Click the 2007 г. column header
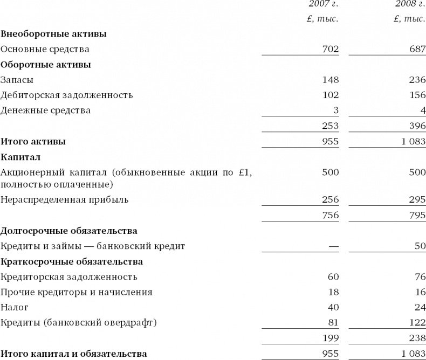coord(323,5)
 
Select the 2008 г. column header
coord(409,5)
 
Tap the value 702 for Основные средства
coord(330,49)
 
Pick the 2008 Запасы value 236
coord(416,80)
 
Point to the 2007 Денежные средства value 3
coord(336,110)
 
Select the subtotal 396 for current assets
coord(416,126)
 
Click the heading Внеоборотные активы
coord(53,33)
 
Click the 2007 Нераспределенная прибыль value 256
coord(330,200)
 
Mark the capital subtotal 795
coord(416,216)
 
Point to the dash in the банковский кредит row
coord(334,246)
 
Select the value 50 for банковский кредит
coord(418,246)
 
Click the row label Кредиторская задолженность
coord(69,277)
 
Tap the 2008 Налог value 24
coord(418,308)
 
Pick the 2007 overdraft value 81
coord(333,323)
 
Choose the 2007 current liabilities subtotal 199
coord(330,339)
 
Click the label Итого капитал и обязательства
coord(74,354)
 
